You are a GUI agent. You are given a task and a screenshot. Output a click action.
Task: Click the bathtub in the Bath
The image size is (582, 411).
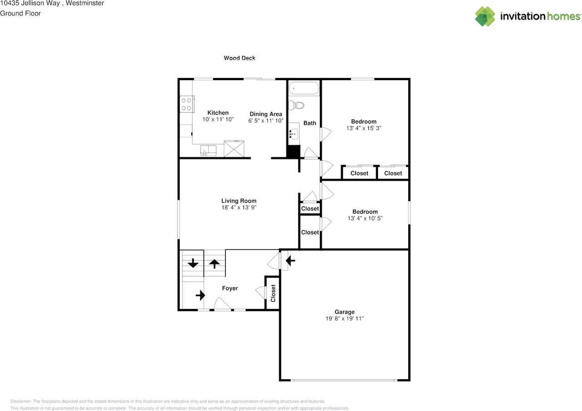point(303,88)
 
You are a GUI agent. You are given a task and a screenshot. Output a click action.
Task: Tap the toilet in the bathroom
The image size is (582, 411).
point(297,105)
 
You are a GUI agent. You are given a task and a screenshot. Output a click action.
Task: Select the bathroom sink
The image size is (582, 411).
point(293,134)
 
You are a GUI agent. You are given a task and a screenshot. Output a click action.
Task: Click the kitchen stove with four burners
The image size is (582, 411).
point(186,103)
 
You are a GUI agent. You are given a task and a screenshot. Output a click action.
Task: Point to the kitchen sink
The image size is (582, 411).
point(209,150)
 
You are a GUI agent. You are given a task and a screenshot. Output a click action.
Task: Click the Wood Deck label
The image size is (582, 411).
point(239,58)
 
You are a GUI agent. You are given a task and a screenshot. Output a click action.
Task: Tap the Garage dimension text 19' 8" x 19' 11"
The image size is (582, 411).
point(344,319)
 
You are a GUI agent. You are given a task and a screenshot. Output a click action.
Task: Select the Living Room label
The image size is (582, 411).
point(239,201)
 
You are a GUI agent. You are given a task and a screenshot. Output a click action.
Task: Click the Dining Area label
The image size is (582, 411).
point(266,114)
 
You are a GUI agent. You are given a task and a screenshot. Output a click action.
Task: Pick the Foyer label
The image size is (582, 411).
point(230,288)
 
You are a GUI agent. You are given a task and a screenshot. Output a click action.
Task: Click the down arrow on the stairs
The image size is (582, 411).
point(193,263)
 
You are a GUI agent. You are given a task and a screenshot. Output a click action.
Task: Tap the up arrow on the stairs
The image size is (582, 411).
point(214,264)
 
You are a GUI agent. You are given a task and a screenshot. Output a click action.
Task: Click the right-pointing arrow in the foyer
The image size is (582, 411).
point(200,295)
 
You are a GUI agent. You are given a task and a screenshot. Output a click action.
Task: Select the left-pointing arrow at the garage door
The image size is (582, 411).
point(290,261)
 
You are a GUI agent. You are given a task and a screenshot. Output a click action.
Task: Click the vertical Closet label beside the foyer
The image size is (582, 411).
point(273,294)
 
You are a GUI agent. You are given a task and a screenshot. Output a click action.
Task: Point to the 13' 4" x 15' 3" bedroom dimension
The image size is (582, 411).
point(363,128)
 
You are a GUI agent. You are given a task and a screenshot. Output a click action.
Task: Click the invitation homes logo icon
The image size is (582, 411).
point(485,16)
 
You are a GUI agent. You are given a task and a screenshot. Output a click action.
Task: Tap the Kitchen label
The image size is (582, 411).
point(218,113)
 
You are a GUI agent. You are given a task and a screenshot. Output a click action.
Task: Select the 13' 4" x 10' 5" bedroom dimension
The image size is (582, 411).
point(365,218)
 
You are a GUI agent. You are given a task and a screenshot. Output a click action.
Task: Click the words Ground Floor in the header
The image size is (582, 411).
point(20,13)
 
